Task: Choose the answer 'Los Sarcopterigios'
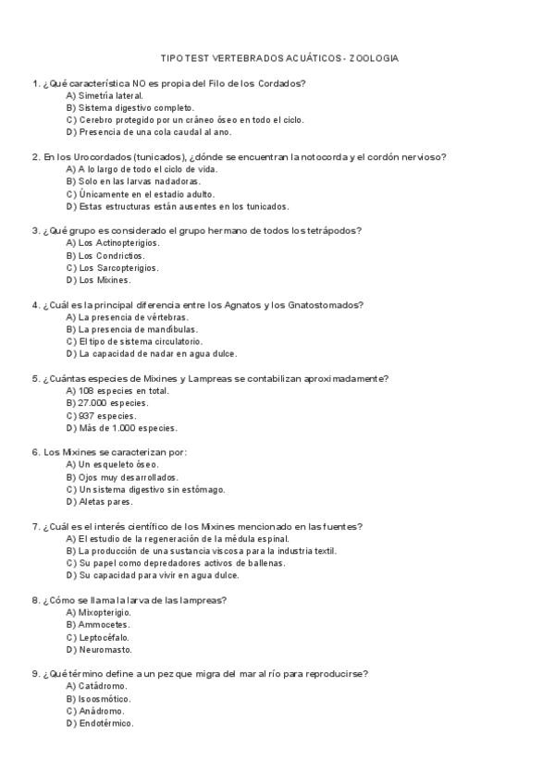(x=117, y=268)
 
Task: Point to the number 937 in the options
(x=88, y=416)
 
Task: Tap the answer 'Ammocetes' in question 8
(x=104, y=625)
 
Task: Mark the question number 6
(x=35, y=452)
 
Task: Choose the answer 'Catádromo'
(x=103, y=687)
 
